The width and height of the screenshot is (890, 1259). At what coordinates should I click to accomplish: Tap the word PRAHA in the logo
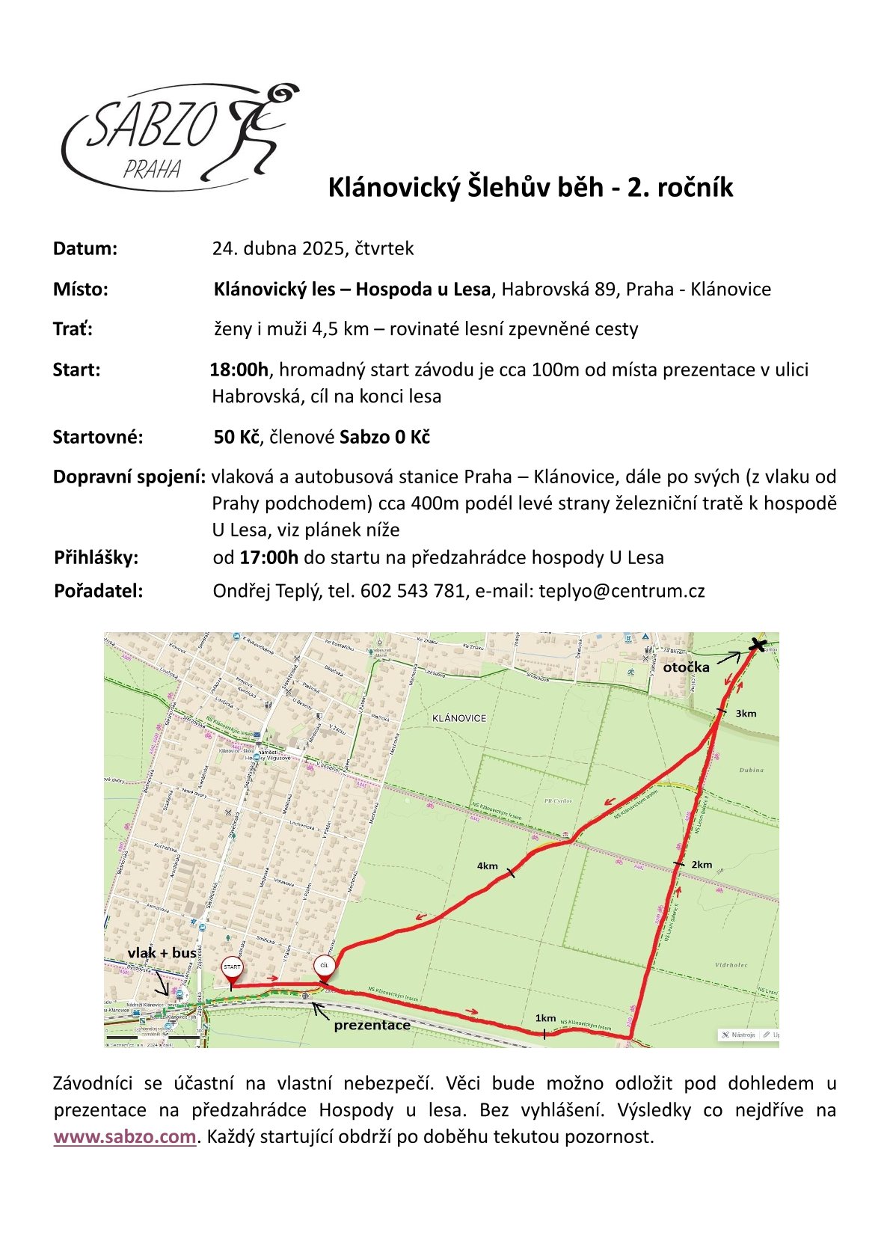point(152,170)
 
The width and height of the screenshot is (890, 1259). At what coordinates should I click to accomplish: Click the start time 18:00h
point(239,370)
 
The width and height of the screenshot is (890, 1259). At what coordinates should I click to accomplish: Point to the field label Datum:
point(85,248)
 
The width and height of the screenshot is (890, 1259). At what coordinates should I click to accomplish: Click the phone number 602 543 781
point(413,591)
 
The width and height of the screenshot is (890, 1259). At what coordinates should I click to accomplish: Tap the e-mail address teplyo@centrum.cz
point(622,591)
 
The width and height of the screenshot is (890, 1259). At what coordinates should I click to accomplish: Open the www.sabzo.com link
point(125,1136)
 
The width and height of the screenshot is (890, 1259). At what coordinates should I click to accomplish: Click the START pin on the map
point(232,968)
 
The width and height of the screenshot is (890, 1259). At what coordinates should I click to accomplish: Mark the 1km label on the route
point(545,1018)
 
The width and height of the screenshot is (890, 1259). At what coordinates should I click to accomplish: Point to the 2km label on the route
point(702,865)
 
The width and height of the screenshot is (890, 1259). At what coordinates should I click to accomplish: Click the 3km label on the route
point(746,714)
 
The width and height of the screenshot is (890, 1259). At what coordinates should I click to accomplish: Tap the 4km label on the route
point(488,866)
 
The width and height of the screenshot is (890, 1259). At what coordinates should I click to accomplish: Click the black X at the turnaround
point(758,645)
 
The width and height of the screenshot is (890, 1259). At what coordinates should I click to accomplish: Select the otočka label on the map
point(686,667)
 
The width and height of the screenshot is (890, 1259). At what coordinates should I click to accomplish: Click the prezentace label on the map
point(372,1025)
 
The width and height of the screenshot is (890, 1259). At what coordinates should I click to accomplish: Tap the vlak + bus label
point(162,952)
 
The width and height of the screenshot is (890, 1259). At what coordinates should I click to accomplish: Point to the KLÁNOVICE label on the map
point(459,718)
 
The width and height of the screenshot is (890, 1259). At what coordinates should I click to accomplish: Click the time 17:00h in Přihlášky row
point(268,557)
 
